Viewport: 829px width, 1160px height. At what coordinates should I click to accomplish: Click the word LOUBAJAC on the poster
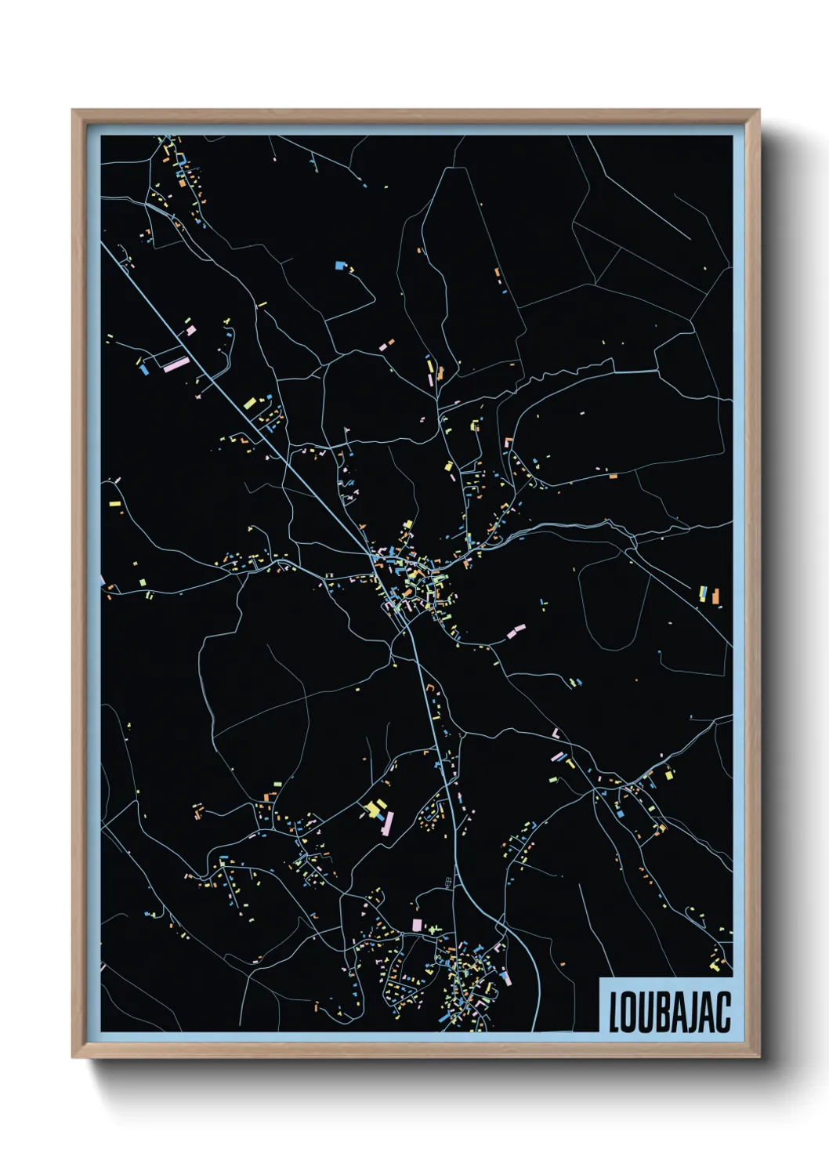pos(669,1012)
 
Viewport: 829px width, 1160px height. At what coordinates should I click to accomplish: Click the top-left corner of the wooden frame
pos(74,111)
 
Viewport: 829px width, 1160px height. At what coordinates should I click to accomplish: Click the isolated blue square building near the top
pos(339,266)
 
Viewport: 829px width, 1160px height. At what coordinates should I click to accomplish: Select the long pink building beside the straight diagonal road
pos(176,363)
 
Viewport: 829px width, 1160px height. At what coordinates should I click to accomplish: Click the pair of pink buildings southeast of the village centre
pos(516,630)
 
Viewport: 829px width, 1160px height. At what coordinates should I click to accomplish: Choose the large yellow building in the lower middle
pos(374,807)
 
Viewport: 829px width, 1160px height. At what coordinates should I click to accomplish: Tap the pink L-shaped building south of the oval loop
pos(556,734)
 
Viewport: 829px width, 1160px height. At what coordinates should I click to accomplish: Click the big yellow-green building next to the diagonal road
pos(250,404)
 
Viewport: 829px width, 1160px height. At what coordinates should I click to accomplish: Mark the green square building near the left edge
pos(142,582)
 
